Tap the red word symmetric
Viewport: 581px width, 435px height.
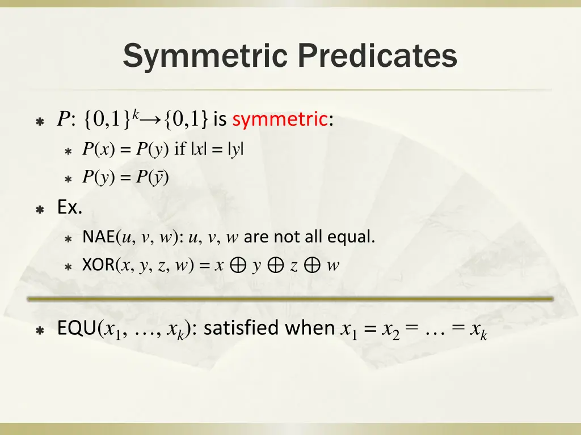(280, 120)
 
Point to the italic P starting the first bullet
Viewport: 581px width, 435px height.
(62, 120)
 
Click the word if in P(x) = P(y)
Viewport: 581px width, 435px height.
(180, 150)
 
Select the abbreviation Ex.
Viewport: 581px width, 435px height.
(70, 208)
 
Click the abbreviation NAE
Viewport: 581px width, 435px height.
(98, 237)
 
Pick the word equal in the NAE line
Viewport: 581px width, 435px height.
(357, 237)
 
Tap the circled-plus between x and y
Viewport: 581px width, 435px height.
(238, 266)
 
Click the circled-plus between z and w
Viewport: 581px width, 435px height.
(312, 266)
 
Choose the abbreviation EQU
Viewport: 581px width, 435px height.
(77, 329)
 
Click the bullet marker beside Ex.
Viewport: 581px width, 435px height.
(40, 210)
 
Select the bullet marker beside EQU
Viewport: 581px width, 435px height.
(40, 330)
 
